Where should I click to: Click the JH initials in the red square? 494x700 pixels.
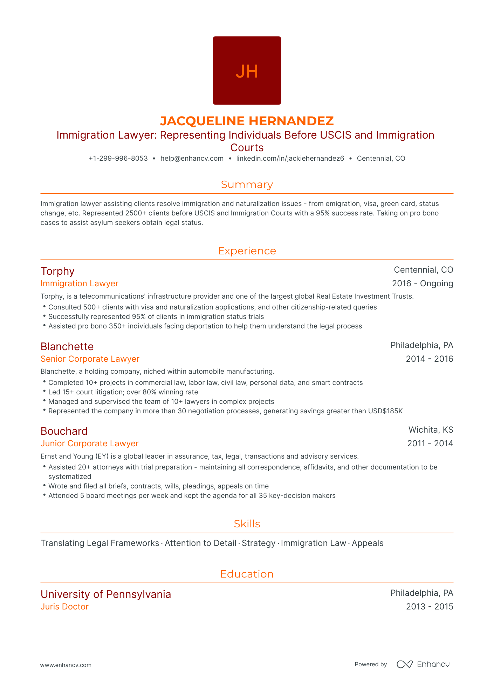pyautogui.click(x=247, y=71)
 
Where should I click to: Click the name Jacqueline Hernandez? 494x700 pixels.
pyautogui.click(x=247, y=121)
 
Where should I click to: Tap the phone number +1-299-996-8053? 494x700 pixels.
pyautogui.click(x=118, y=158)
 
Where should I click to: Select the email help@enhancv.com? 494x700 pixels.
pyautogui.click(x=192, y=158)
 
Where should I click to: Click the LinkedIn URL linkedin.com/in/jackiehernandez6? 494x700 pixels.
pyautogui.click(x=290, y=158)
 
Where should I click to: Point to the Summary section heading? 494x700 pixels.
pyautogui.click(x=247, y=185)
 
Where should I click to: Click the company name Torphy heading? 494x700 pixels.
pyautogui.click(x=57, y=271)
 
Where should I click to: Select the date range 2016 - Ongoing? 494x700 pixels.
pyautogui.click(x=422, y=284)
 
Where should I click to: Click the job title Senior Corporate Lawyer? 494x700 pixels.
pyautogui.click(x=90, y=359)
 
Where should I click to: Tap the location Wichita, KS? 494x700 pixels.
pyautogui.click(x=431, y=430)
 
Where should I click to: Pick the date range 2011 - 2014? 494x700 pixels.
pyautogui.click(x=430, y=444)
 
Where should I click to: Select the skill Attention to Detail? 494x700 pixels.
pyautogui.click(x=200, y=543)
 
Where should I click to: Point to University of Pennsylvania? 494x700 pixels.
pyautogui.click(x=106, y=594)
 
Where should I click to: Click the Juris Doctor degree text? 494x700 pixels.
pyautogui.click(x=64, y=607)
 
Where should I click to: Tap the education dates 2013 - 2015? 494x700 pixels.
pyautogui.click(x=429, y=607)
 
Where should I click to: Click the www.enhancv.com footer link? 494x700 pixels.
pyautogui.click(x=66, y=665)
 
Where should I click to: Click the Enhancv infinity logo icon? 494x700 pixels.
pyautogui.click(x=404, y=664)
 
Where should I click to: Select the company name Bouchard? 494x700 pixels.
pyautogui.click(x=64, y=431)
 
